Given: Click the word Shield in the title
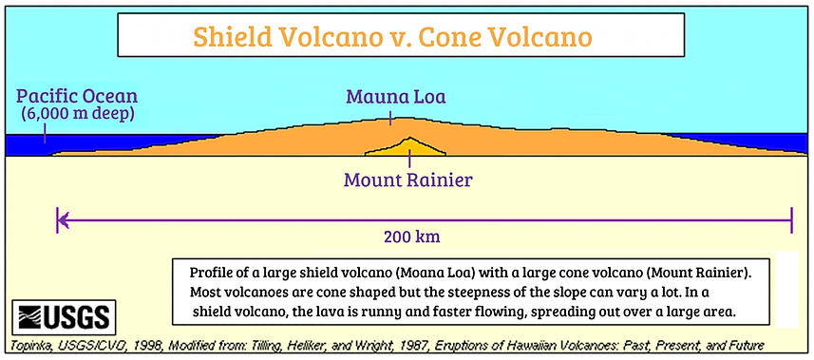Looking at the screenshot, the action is pos(233,36).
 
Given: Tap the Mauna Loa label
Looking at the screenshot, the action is pos(396,97).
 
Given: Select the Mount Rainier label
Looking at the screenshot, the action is pos(408,180).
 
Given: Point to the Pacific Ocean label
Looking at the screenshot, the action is pos(77,96).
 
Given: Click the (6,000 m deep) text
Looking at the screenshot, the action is pos(77,114).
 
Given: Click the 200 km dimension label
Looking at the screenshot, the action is pos(411,237).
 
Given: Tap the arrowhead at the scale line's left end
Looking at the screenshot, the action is pos(63,220).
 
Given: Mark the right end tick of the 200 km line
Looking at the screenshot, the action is pos(791,220).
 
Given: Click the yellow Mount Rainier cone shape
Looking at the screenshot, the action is pos(407,148).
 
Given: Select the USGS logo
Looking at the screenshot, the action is pos(65,317).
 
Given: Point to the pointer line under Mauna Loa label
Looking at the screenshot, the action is pos(390,118).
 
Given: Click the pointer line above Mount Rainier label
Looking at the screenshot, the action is pos(409,159).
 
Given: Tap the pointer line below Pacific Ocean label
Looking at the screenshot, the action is pos(45,132).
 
